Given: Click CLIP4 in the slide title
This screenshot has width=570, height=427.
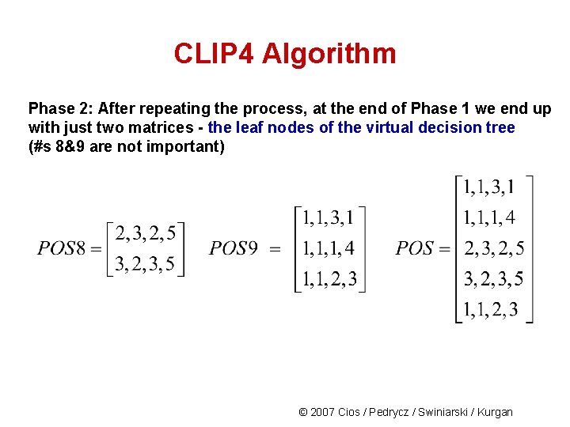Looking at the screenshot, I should click(215, 55).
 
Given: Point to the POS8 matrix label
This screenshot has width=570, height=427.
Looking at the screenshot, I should click(61, 248).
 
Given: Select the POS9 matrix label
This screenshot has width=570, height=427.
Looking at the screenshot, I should click(234, 248).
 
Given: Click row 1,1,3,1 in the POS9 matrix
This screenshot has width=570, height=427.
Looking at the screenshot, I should click(329, 217).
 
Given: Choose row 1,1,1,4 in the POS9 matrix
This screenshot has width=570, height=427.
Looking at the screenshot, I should click(329, 248).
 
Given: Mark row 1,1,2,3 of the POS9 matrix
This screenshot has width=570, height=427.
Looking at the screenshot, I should click(329, 279).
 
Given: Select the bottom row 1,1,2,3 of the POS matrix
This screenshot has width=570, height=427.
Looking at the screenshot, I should click(491, 310).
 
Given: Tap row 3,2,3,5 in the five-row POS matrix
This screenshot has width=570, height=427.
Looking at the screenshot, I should click(493, 279).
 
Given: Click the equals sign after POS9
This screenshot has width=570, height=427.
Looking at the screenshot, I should click(275, 249).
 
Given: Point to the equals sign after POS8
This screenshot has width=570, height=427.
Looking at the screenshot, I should click(96, 249).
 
